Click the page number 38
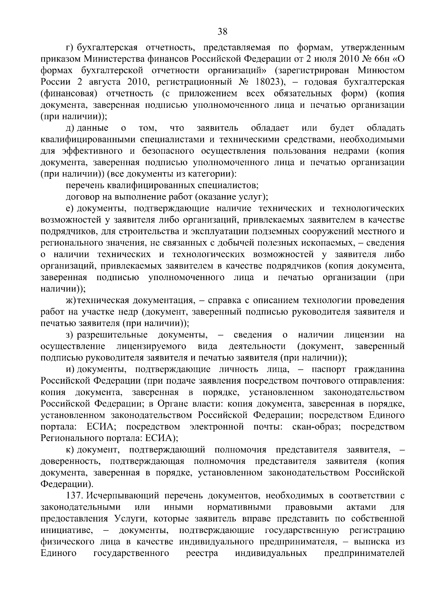[222, 32]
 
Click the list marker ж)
[71, 301]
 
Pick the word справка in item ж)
[225, 301]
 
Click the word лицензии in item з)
[364, 335]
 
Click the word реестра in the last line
[202, 553]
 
